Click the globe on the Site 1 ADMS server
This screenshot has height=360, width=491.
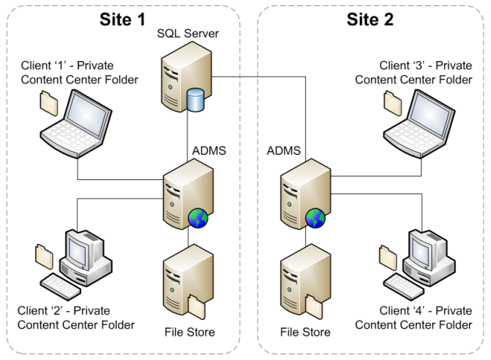(199, 217)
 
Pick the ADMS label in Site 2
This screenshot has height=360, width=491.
(283, 152)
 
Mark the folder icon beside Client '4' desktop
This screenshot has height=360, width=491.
(388, 255)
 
